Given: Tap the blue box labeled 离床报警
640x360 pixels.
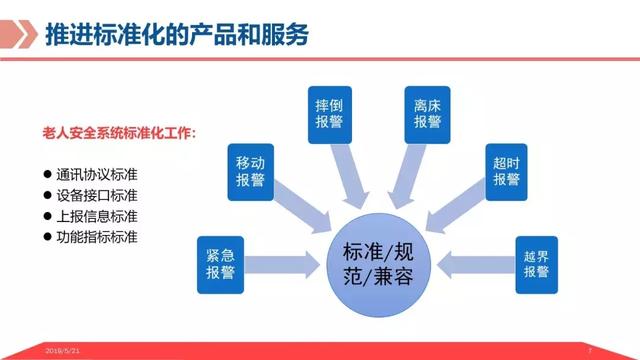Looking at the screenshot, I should [x=428, y=113].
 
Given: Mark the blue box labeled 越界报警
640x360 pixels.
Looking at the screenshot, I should [x=536, y=263].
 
